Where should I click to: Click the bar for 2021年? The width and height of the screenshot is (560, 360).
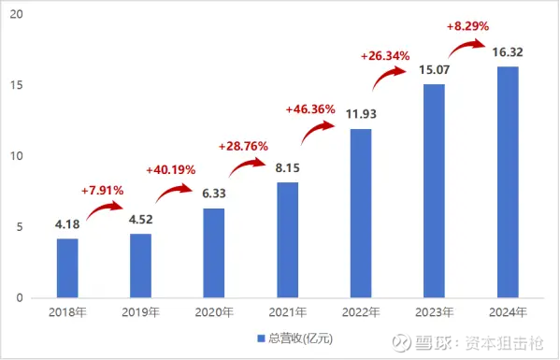(287, 239)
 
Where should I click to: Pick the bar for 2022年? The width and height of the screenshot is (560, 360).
(360, 213)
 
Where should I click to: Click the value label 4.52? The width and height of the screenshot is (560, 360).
(140, 222)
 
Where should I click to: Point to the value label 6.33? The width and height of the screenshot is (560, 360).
(213, 195)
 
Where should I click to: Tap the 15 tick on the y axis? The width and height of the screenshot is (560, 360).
(19, 85)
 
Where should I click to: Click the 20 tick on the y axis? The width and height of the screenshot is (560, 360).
(19, 15)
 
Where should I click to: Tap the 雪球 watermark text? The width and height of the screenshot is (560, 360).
(436, 342)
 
